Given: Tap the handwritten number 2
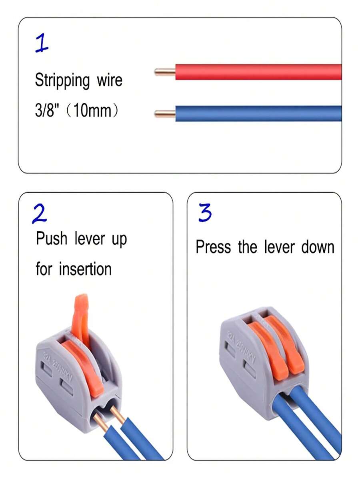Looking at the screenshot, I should pos(40,214).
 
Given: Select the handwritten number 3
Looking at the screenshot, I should pos(205,214).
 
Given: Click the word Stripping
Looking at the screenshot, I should pos(62,81).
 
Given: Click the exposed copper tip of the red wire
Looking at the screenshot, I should pos(165,72).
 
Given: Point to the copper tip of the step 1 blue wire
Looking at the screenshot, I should pos(165,114).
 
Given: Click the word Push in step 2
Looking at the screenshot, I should pos(52,239).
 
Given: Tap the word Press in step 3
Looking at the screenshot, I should pos(213,247).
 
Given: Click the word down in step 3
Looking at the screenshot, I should pos(318,247).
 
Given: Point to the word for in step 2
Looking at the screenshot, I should pos(44,269).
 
